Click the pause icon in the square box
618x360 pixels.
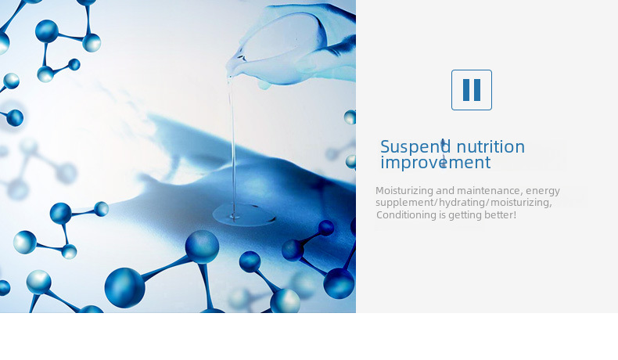[x=472, y=90]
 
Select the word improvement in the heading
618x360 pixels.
[x=436, y=163]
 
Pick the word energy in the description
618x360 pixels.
[x=543, y=191]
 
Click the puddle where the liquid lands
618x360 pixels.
[x=243, y=215]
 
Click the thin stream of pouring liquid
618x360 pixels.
[x=233, y=146]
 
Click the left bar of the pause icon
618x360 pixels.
[x=467, y=90]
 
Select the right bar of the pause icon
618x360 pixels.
[x=477, y=90]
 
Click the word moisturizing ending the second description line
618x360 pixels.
[x=521, y=203]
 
